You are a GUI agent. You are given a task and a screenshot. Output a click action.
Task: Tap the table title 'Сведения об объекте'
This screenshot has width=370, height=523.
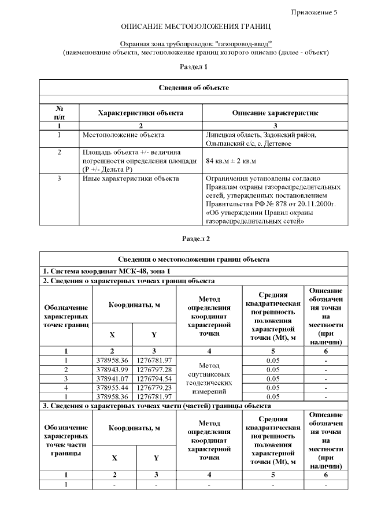194,87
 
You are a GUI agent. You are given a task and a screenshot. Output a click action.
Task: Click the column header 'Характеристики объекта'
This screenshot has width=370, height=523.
140,113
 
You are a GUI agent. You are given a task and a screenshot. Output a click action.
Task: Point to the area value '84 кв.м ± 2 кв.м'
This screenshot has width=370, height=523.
231,161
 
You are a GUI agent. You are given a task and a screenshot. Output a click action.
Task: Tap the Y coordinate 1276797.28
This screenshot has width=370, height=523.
154,369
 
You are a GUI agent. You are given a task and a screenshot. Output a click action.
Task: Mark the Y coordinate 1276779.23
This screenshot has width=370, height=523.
154,387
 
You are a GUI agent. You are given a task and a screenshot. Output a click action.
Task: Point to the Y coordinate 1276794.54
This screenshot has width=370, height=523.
154,378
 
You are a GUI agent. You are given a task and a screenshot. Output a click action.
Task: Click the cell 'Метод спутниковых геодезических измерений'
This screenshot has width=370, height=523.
209,379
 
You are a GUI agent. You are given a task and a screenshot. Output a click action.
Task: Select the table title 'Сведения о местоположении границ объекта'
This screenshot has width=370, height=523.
194,259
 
